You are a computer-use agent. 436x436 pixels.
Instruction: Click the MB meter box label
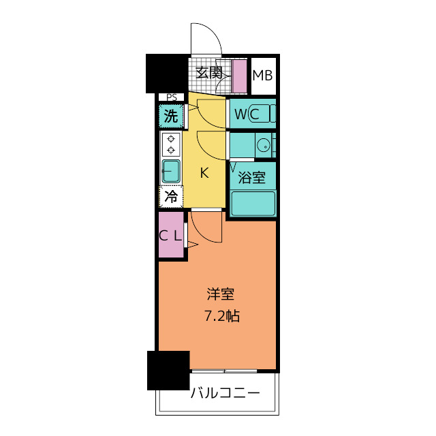click(262, 76)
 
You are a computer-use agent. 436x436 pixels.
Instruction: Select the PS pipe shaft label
click(172, 97)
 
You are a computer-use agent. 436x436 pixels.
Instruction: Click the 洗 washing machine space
click(171, 116)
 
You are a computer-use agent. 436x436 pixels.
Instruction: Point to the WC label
click(247, 114)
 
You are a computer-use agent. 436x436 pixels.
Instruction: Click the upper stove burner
click(171, 138)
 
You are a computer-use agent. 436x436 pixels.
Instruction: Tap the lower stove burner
click(171, 151)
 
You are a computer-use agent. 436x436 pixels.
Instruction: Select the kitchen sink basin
click(171, 171)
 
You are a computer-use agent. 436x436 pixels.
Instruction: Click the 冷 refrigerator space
click(171, 197)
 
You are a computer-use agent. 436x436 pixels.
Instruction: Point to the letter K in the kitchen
click(204, 173)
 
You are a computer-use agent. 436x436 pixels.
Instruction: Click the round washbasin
click(263, 145)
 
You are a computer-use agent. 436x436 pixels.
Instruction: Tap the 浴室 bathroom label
click(251, 177)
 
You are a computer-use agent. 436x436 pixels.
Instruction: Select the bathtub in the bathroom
click(253, 203)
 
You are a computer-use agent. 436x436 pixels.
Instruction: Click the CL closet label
click(170, 236)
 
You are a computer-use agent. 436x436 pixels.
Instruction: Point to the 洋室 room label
click(221, 294)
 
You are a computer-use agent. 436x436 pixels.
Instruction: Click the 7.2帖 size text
click(222, 316)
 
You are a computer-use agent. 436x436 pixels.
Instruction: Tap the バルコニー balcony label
click(225, 393)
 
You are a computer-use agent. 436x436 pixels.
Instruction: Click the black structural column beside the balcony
click(168, 371)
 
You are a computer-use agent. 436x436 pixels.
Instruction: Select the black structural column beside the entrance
click(167, 74)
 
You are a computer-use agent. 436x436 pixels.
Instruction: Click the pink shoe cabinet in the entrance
click(239, 76)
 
